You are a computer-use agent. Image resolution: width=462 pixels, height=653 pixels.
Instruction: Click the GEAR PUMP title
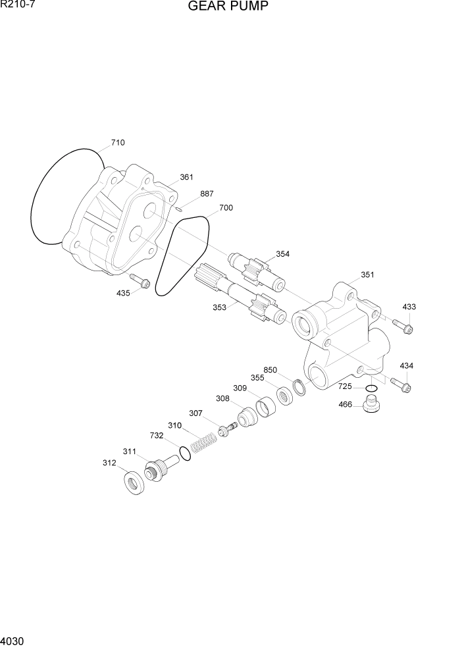click(228, 7)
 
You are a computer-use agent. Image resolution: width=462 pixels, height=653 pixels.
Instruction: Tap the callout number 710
click(118, 143)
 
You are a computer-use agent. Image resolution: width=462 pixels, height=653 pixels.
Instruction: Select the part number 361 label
click(187, 177)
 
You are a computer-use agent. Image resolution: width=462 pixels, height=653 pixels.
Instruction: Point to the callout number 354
click(282, 254)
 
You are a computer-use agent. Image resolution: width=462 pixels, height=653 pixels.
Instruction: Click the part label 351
click(367, 274)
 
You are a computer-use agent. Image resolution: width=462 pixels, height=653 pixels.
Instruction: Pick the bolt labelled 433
click(402, 325)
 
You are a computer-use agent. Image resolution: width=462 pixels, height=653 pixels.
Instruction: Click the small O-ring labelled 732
click(186, 455)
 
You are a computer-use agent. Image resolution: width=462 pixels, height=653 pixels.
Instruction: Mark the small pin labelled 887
click(179, 209)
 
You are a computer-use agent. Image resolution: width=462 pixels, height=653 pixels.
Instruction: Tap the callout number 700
click(226, 208)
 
